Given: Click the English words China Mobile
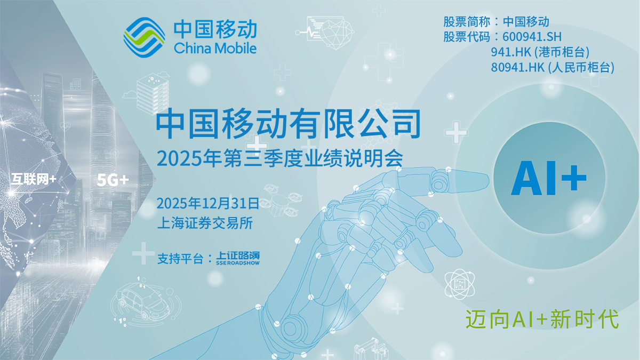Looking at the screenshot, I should (x=215, y=48).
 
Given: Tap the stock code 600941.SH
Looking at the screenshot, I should (x=532, y=37).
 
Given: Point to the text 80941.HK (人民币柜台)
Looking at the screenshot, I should (x=553, y=67).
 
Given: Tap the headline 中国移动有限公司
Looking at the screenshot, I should (x=288, y=124).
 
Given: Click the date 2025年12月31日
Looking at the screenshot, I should (x=208, y=203).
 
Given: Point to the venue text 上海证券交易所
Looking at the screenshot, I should (x=205, y=222).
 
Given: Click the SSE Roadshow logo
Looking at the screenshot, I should (x=238, y=259).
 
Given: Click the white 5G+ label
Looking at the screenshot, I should (x=113, y=180).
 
